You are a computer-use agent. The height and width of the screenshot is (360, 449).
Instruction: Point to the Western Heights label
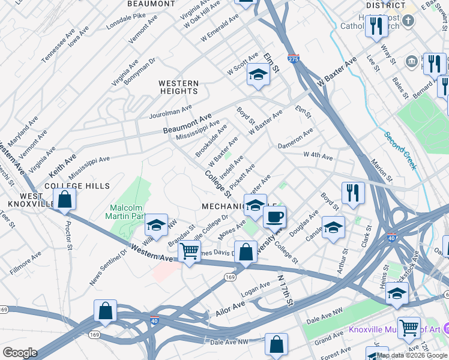[178, 86]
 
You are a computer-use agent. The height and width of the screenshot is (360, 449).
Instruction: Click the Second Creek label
[401, 150]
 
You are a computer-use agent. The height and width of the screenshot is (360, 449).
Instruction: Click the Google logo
[19, 353]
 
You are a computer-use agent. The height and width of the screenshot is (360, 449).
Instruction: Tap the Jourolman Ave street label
[170, 111]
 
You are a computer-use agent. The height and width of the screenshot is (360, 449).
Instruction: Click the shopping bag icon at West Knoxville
[65, 199]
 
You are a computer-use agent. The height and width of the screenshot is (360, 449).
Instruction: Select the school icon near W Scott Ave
[258, 74]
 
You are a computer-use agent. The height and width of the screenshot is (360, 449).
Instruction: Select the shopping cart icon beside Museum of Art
[409, 327]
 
